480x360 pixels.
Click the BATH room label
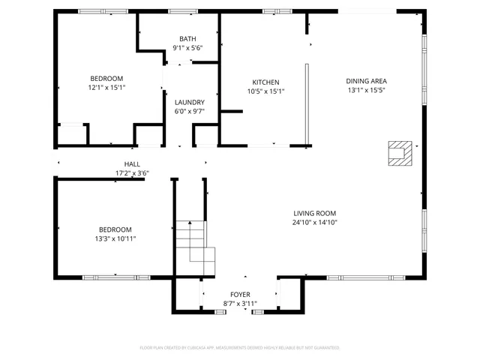pyautogui.click(x=187, y=39)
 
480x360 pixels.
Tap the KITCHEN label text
pyautogui.click(x=265, y=82)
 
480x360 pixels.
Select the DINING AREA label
pyautogui.click(x=366, y=81)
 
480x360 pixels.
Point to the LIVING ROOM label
pyautogui.click(x=313, y=213)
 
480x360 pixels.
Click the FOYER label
pyautogui.click(x=240, y=295)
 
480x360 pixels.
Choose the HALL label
pyautogui.click(x=132, y=164)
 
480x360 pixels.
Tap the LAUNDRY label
pyautogui.click(x=189, y=103)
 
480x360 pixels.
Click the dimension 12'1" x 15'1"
pyautogui.click(x=107, y=87)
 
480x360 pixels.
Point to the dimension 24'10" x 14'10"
pyautogui.click(x=313, y=222)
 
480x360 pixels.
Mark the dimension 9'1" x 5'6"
pyautogui.click(x=187, y=48)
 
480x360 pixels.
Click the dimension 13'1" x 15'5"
pyautogui.click(x=366, y=90)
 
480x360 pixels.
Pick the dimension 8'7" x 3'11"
pyautogui.click(x=240, y=304)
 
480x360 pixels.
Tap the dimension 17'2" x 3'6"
pyautogui.click(x=132, y=173)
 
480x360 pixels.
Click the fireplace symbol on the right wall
pyautogui.click(x=398, y=153)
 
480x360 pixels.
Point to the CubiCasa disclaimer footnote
pyautogui.click(x=240, y=348)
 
